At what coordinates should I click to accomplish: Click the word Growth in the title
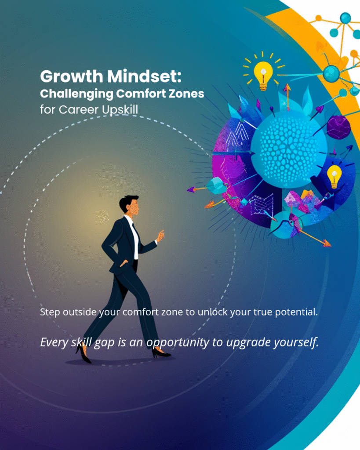72,77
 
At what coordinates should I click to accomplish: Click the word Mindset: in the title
145,76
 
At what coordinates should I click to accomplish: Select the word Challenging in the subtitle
76,94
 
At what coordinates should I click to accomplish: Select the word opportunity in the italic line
178,342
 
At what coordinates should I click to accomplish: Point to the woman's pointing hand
160,236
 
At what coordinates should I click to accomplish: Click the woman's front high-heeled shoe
161,353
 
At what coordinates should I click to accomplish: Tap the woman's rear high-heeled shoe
83,353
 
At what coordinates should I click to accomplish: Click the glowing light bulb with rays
263,72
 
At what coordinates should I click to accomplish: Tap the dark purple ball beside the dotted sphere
338,127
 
